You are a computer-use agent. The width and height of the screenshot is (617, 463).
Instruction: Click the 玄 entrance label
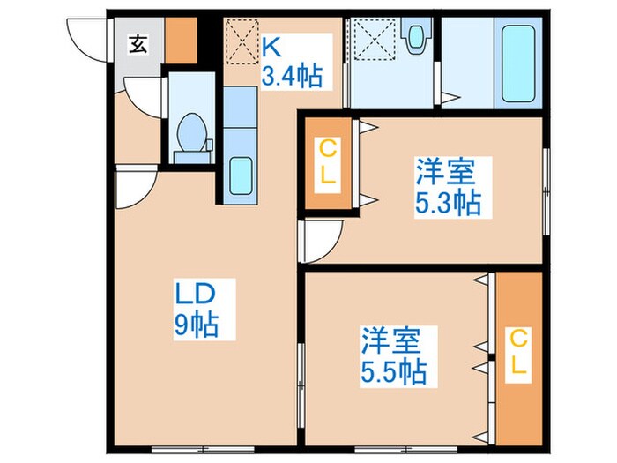pyautogui.click(x=139, y=42)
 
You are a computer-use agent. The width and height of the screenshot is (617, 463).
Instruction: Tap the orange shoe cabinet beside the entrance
pyautogui.click(x=181, y=39)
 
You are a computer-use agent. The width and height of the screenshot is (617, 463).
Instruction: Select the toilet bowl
pyautogui.click(x=191, y=134)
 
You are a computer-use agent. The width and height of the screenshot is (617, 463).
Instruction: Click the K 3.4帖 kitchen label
pyautogui.click(x=290, y=59)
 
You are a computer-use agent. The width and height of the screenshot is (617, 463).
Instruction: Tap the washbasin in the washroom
pyautogui.click(x=415, y=37)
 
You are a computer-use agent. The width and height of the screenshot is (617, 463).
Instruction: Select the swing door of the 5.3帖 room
pyautogui.click(x=321, y=240)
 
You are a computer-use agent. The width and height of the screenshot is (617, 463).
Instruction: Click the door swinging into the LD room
pyautogui.click(x=132, y=187)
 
